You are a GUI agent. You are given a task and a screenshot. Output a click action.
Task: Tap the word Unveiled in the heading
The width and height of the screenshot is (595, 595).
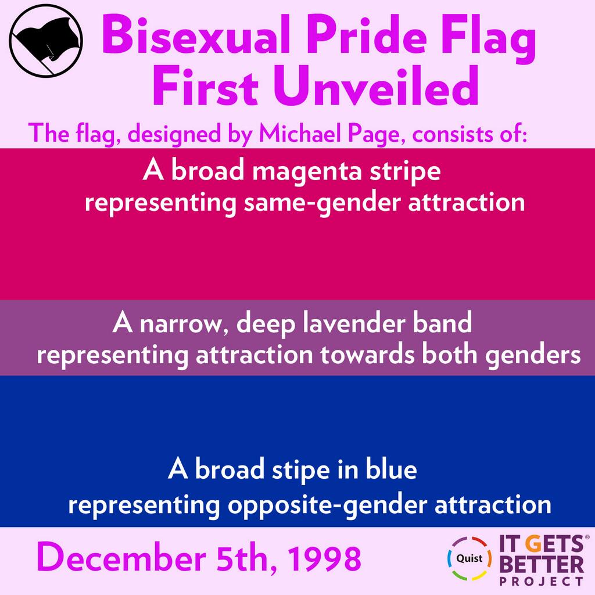(x=376, y=86)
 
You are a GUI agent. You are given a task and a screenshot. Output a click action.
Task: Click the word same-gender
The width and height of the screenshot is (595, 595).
(x=322, y=203)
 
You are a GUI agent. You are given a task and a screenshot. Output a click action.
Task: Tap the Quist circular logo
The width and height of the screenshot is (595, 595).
(x=469, y=558)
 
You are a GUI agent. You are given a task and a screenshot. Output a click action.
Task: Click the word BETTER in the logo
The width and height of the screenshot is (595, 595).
(x=542, y=565)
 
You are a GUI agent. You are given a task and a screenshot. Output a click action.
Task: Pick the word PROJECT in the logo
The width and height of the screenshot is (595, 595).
(x=542, y=581)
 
